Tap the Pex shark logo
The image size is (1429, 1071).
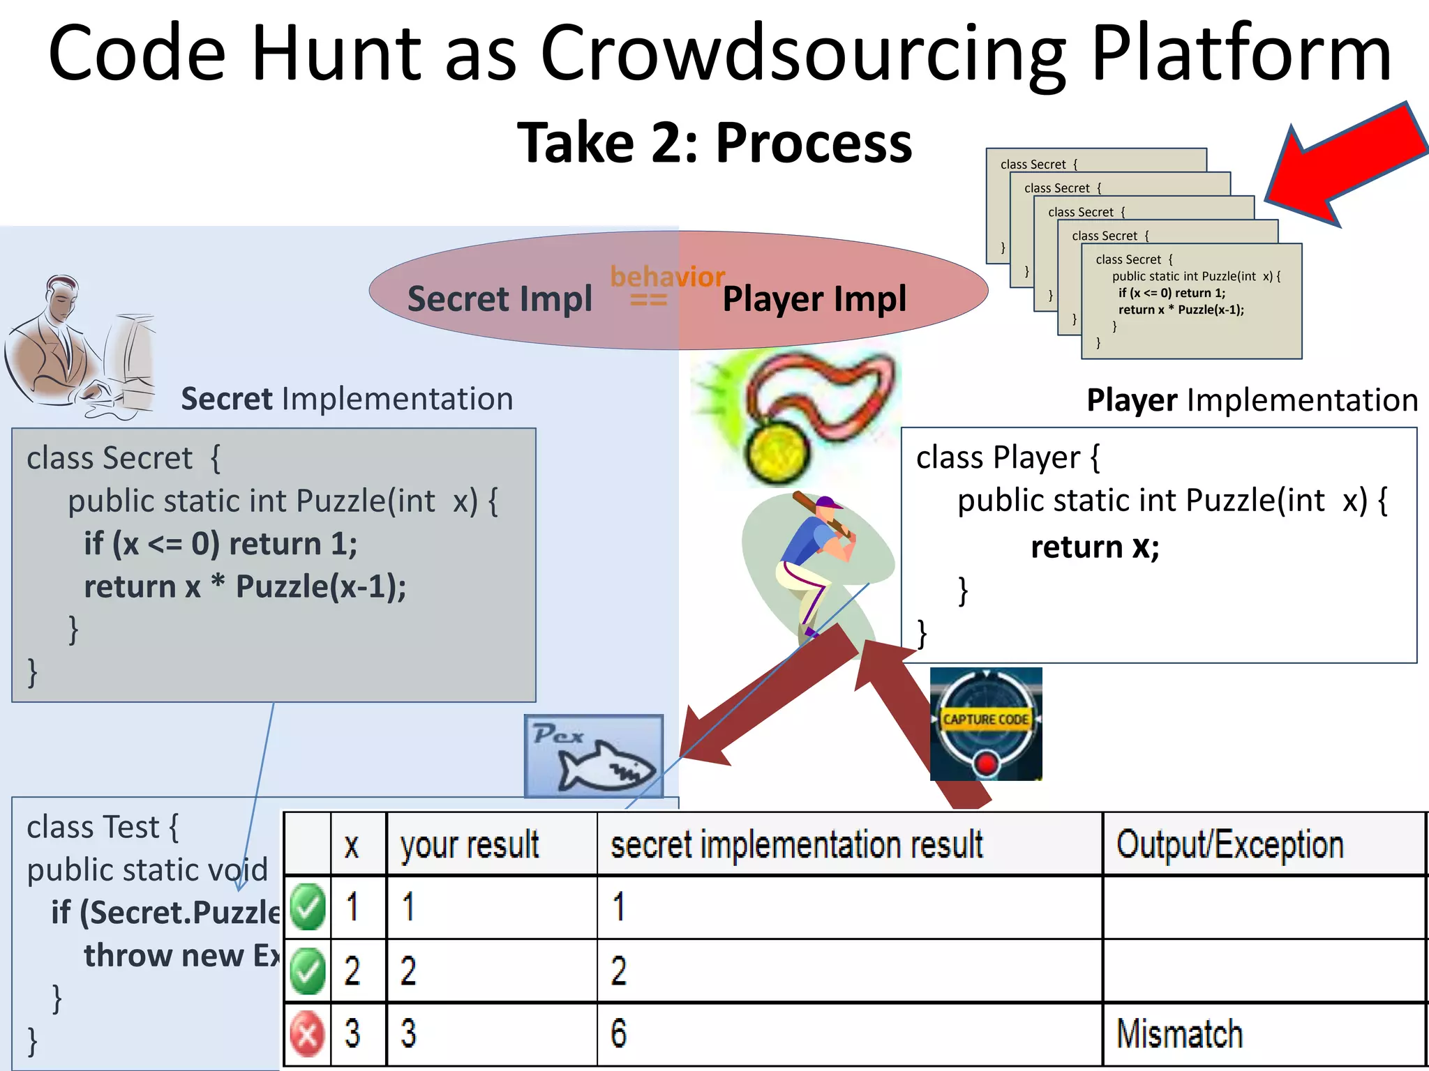pos(594,757)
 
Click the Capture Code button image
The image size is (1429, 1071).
pos(986,724)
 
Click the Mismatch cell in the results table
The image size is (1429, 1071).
pos(1179,1033)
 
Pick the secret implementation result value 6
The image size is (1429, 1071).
pos(619,1033)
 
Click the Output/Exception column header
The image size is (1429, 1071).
pos(1229,844)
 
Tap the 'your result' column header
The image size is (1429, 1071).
pos(470,844)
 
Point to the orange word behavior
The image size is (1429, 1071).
pos(667,277)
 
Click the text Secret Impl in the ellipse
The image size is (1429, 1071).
pos(500,299)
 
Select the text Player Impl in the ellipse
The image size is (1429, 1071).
pos(814,299)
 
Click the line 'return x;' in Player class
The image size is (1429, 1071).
pos(1095,546)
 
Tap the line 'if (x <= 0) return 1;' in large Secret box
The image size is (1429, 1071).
pos(220,544)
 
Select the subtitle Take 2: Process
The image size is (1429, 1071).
pos(714,143)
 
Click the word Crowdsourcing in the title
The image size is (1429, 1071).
pos(802,54)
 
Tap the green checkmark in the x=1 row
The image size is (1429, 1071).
pos(308,906)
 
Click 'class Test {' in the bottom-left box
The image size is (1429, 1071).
pos(103,828)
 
